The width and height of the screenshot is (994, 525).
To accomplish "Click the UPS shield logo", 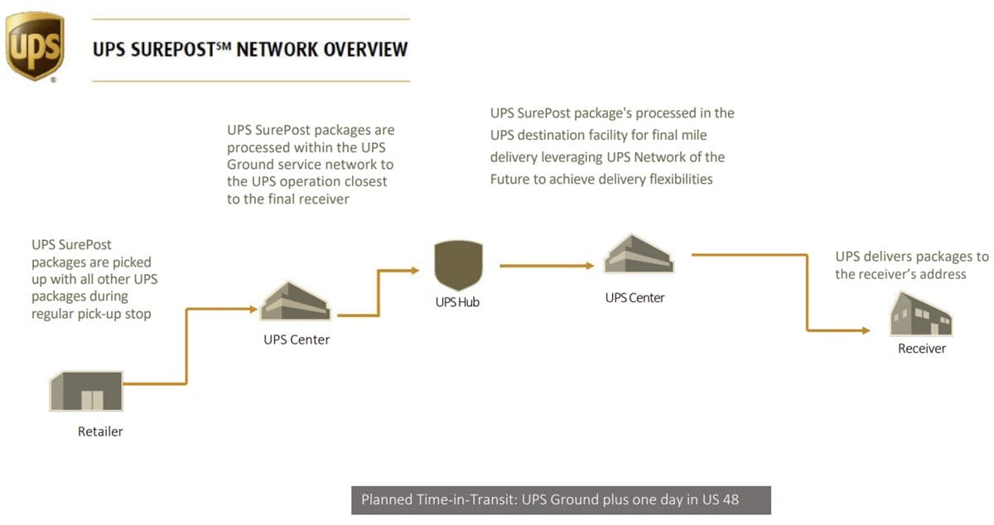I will coord(35,46).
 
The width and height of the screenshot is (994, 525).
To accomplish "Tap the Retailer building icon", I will coord(86,392).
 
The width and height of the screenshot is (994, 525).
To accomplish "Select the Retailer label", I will coord(100,431).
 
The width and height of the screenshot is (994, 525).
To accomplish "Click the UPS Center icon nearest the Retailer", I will coord(296,300).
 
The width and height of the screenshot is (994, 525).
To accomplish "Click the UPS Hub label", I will coord(457,302).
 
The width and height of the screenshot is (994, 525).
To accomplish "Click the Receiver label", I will coord(921,349).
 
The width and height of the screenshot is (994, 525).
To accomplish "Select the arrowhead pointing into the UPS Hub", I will coord(415,270).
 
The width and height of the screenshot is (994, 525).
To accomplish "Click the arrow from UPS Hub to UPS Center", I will coord(547,266).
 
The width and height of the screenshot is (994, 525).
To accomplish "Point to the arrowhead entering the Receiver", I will coord(865,330).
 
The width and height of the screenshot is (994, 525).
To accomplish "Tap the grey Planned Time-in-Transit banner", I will coord(561,500).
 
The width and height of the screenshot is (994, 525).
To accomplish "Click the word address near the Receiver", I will coord(940,274).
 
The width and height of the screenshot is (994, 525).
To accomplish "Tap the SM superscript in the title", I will coord(222,45).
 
